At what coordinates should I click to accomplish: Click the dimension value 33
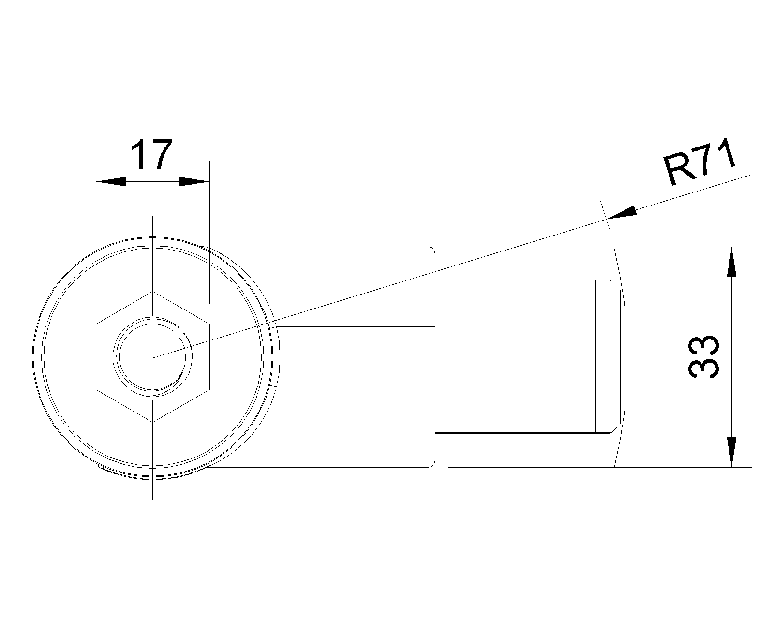pyautogui.click(x=703, y=357)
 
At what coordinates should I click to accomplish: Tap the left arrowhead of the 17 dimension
pyautogui.click(x=111, y=182)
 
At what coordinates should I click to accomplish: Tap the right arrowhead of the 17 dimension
pyautogui.click(x=194, y=182)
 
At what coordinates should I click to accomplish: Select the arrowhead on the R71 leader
pyautogui.click(x=621, y=213)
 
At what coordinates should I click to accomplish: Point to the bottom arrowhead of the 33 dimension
pyautogui.click(x=731, y=452)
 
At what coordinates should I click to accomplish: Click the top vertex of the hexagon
pyautogui.click(x=153, y=291)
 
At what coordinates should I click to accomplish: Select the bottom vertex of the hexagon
pyautogui.click(x=153, y=422)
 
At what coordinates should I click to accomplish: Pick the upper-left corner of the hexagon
pyautogui.click(x=96, y=324)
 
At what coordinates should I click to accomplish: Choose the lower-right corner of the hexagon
pyautogui.click(x=209, y=389)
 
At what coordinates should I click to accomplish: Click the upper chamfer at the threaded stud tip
pyautogui.click(x=615, y=286)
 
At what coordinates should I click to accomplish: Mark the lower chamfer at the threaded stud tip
pyautogui.click(x=615, y=428)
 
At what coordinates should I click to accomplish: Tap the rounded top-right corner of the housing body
pyautogui.click(x=432, y=251)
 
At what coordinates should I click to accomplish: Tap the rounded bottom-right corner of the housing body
pyautogui.click(x=432, y=463)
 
